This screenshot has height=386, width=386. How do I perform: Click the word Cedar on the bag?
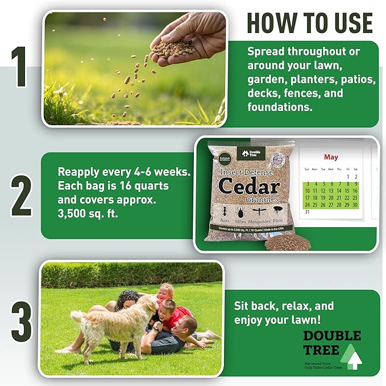point(250,186)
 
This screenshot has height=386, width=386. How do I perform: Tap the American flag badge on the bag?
point(278,159)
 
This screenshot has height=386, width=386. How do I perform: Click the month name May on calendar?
point(331,157)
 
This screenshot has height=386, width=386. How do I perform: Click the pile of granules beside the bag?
point(288,242)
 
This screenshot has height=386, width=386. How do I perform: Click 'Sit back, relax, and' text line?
point(284,305)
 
